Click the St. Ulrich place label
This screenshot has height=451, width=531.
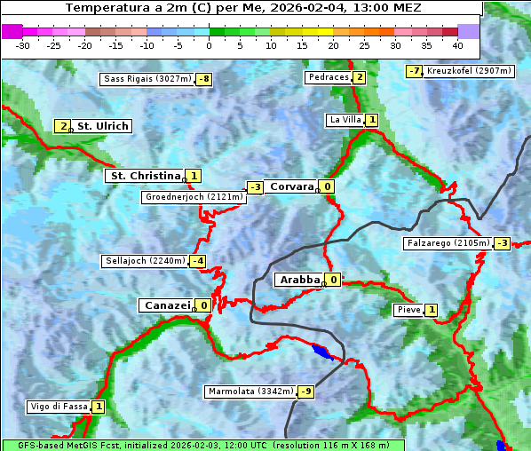point(103,126)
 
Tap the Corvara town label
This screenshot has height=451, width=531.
point(292,186)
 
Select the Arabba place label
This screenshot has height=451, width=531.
point(300,280)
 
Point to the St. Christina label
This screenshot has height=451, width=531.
point(145,176)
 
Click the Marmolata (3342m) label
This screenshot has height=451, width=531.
point(250,392)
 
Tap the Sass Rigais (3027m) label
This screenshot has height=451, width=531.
point(147,79)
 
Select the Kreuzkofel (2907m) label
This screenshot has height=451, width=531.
point(468,70)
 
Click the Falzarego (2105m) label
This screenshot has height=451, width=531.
point(448,242)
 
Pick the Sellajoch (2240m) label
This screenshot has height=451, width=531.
point(145,261)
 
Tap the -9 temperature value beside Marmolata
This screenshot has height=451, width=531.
point(306,392)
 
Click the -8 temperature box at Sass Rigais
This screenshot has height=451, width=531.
point(204,79)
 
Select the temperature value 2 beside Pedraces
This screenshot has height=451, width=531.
point(359,77)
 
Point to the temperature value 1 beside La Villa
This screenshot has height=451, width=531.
point(372,120)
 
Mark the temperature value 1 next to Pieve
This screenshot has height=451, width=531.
point(431,310)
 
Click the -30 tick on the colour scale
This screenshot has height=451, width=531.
point(23,44)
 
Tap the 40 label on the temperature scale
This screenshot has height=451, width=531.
point(457,44)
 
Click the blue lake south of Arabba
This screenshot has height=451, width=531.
point(323,352)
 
